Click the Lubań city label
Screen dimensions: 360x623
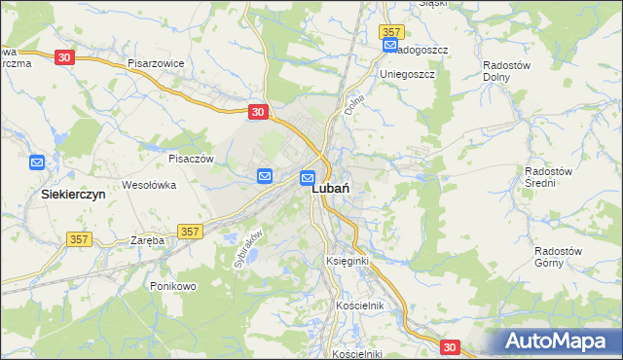[x=331, y=192]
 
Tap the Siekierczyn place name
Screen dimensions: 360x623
[x=72, y=194]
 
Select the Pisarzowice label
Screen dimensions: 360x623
[x=156, y=62]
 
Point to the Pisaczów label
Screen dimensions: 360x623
[x=191, y=158]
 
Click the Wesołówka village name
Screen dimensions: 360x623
[x=148, y=183]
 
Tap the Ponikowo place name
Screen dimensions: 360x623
[x=173, y=286]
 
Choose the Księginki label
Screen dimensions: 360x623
[x=348, y=263]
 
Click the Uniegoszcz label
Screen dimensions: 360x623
[x=407, y=73]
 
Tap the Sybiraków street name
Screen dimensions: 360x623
[x=249, y=247]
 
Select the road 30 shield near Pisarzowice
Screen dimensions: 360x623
[x=64, y=57]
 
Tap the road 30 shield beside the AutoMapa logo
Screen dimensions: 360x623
[x=450, y=346]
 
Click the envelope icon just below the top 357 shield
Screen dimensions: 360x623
[x=390, y=46]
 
